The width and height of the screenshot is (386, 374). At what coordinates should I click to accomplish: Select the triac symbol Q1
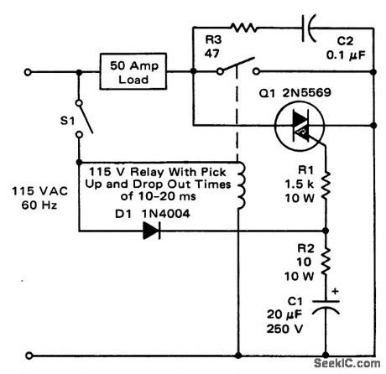296,127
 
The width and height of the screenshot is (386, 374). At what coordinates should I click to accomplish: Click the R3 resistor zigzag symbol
243,29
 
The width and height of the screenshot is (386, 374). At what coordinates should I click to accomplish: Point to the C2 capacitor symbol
310,29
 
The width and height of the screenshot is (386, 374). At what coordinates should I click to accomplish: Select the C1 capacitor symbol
324,311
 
